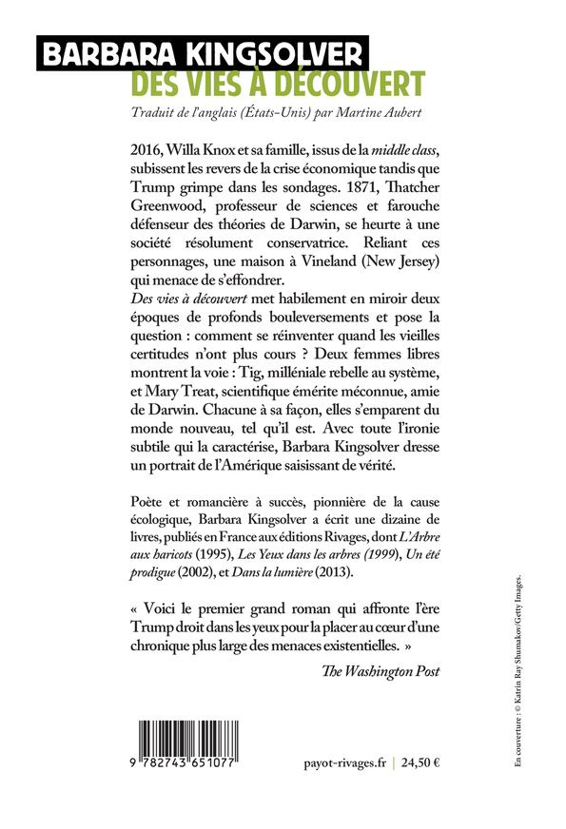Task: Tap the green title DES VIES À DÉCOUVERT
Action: coord(278,84)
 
